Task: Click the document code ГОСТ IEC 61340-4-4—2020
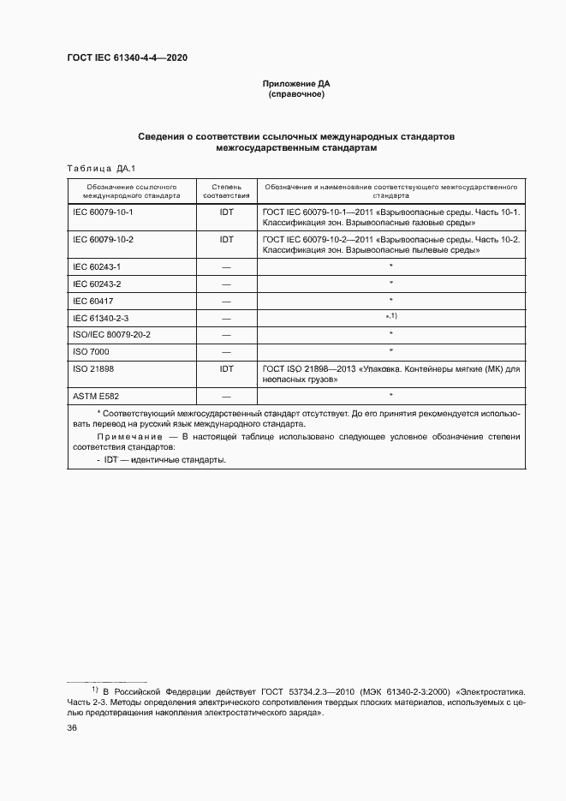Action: coord(127,58)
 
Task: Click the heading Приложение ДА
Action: coord(295,84)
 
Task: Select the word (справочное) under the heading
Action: coord(295,94)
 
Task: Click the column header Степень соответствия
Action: coord(226,190)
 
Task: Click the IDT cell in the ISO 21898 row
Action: coord(226,368)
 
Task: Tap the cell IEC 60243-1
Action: coord(97,267)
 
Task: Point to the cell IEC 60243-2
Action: coord(97,284)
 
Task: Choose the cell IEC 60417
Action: coord(93,301)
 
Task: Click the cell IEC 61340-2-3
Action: coord(100,318)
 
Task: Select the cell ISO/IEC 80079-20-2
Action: coord(112,334)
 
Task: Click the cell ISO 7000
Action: coord(91,351)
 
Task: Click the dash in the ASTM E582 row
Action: coord(226,396)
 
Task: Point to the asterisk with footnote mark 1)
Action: coord(390,317)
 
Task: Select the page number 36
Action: coord(73,727)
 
